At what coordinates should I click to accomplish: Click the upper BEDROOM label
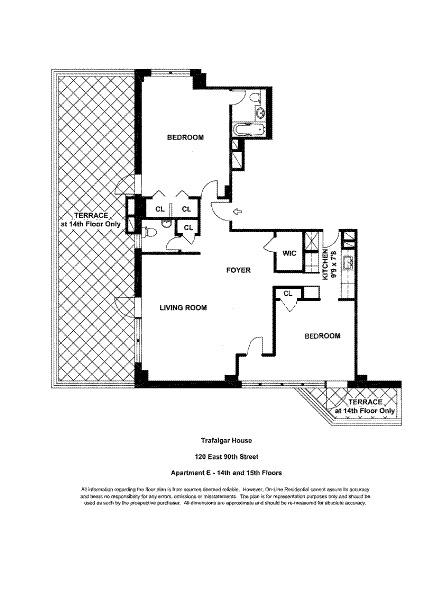[185, 137]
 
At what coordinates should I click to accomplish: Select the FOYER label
[237, 270]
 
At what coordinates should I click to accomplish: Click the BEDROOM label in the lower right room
[322, 336]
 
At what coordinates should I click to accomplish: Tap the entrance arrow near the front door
[235, 212]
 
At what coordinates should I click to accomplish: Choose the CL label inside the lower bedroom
[287, 293]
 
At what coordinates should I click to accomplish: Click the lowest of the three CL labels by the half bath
[186, 229]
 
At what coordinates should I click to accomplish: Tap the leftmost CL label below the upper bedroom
[160, 209]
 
